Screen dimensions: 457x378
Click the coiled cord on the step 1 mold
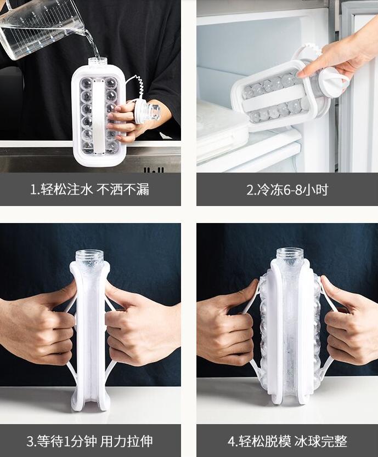(x=138, y=88)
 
